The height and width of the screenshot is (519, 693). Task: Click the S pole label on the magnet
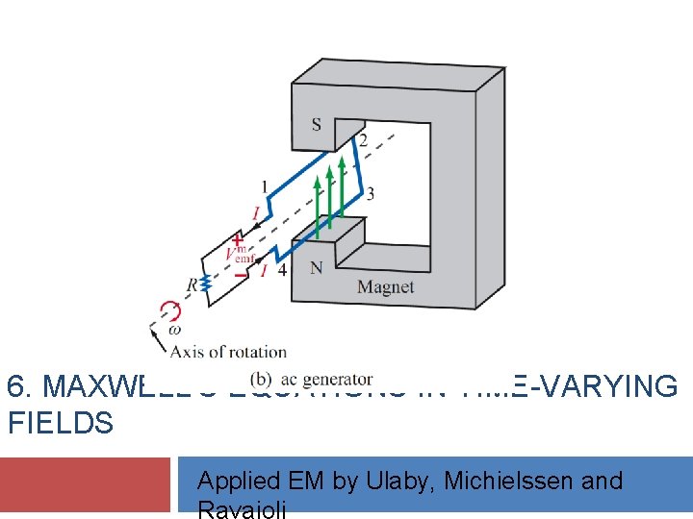317,124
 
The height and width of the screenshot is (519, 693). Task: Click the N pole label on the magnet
316,268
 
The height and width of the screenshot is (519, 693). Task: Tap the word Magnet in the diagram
385,286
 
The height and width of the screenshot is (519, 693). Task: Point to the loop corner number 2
363,141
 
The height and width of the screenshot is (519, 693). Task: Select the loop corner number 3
370,194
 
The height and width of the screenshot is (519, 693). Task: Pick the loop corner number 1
265,186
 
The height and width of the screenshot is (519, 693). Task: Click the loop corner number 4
282,271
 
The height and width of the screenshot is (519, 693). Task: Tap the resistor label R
192,284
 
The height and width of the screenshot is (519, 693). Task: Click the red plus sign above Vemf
237,240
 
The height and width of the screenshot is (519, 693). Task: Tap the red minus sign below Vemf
239,274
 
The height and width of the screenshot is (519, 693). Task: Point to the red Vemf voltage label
237,257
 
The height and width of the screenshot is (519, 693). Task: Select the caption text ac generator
324,379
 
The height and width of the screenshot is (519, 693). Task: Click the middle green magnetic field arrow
329,197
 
